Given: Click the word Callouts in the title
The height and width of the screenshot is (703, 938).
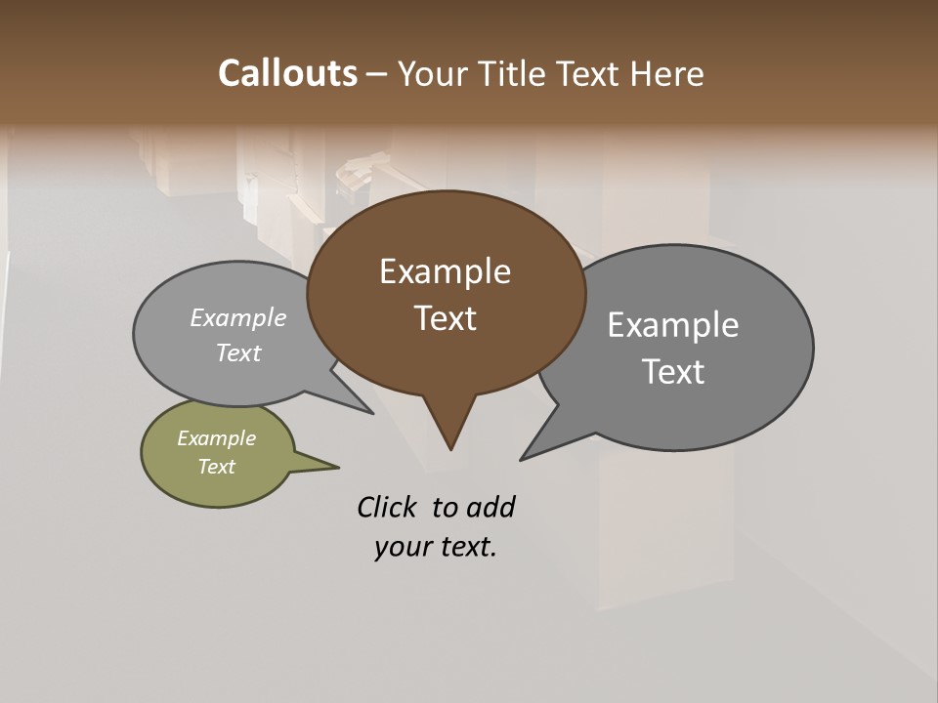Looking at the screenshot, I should tap(287, 73).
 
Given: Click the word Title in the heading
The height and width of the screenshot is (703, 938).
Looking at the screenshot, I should tap(514, 73).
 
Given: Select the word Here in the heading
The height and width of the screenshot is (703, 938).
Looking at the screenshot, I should tap(667, 73).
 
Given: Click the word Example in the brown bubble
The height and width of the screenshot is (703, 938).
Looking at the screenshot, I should tap(445, 271).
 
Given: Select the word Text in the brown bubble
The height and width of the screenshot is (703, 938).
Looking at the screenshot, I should tap(446, 318).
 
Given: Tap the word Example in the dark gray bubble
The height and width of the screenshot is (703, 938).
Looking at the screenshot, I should tap(673, 325).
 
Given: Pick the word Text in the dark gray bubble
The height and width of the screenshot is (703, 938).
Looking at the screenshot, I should tap(673, 372).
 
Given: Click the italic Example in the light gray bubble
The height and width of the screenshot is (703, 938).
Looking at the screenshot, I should tap(238, 317).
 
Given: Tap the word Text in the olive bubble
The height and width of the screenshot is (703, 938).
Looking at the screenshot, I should tap(217, 467).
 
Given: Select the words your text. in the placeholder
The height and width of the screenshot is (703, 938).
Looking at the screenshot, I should tap(436, 547).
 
